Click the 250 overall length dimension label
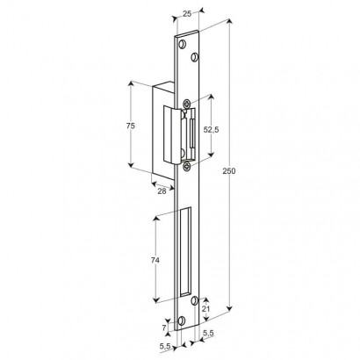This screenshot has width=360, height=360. [229, 171]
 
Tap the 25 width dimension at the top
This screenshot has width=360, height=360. [187, 13]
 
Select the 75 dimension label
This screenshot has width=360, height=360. [130, 126]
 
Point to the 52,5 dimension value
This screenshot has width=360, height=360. [211, 130]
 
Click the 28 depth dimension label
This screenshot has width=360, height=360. [162, 191]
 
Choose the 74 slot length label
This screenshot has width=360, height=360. [155, 260]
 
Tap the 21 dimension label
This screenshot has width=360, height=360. [205, 309]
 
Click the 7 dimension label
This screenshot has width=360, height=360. [164, 328]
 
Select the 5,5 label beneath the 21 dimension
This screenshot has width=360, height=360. [208, 333]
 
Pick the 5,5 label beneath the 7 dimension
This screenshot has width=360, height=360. [165, 346]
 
